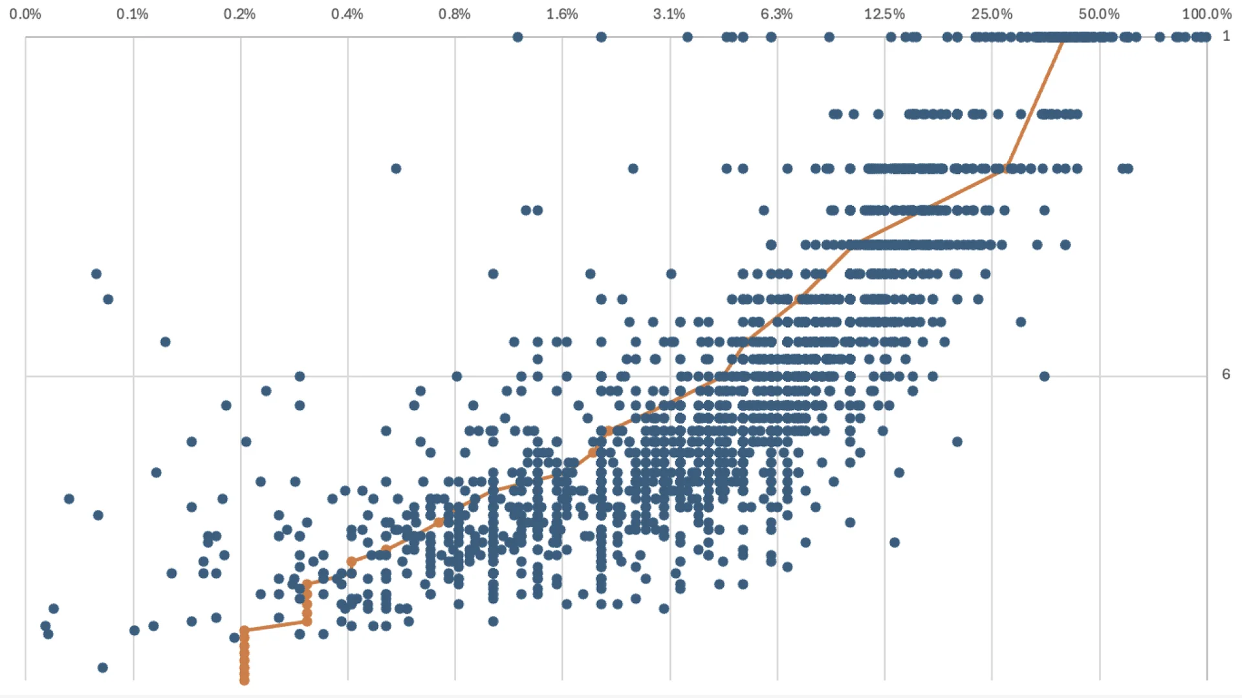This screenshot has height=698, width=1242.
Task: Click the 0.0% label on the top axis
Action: (25, 14)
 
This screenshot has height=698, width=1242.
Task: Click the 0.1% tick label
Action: (133, 14)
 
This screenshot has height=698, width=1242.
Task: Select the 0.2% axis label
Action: (240, 14)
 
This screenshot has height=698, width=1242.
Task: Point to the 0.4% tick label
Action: (347, 14)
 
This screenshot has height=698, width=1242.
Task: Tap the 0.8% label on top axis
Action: (455, 14)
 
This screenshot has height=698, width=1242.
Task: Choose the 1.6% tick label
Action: (562, 14)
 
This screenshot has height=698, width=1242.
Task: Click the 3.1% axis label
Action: (670, 14)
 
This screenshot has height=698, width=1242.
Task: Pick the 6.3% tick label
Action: (777, 14)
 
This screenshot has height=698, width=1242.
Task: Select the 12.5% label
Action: (884, 14)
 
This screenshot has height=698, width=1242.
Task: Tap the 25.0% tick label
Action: (992, 14)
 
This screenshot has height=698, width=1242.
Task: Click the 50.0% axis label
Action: (1099, 14)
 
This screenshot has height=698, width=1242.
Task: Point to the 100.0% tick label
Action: (1206, 14)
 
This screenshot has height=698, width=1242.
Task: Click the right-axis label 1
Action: (1226, 36)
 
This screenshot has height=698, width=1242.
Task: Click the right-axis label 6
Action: (1226, 374)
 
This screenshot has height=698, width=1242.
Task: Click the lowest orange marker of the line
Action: (245, 680)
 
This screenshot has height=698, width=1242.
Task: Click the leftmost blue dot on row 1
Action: (517, 37)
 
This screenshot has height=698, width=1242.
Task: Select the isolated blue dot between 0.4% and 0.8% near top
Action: (396, 169)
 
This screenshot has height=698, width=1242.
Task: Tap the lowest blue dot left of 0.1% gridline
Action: (103, 668)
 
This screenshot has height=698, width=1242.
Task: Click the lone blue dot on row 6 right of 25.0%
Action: (1045, 376)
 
